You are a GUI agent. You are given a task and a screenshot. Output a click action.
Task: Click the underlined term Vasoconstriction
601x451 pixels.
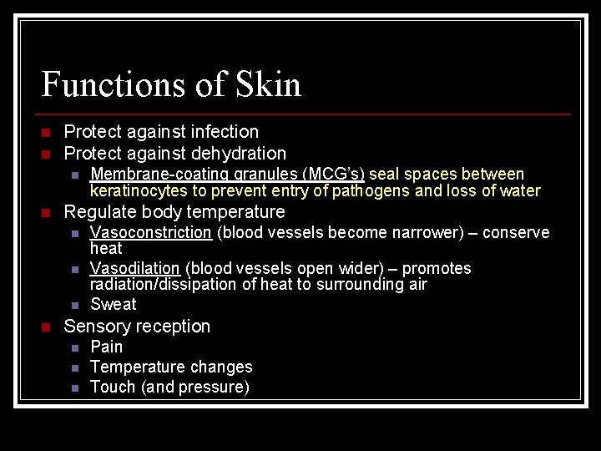[151, 232]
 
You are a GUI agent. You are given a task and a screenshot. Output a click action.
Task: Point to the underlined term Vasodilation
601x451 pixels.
[135, 268]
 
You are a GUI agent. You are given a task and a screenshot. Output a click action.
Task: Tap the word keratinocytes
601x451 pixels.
[138, 191]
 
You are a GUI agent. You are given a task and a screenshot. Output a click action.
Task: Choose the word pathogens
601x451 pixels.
[371, 191]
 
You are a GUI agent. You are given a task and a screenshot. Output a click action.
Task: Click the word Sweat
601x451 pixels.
[113, 304]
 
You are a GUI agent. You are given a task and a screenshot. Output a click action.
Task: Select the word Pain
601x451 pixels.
[106, 347]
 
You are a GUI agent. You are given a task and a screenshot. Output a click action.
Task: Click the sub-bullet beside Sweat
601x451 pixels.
[75, 305]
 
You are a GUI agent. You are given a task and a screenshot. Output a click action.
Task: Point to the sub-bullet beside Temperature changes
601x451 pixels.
[75, 367]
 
